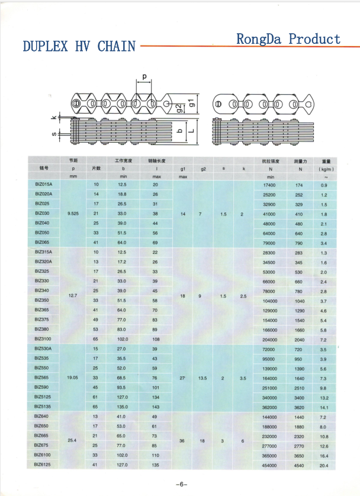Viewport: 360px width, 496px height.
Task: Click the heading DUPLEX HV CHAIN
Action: point(79,46)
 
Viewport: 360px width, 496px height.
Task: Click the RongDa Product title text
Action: point(288,39)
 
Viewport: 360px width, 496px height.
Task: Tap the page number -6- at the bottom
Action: point(181,484)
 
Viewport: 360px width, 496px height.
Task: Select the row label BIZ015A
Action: point(44,185)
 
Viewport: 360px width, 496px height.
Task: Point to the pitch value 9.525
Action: point(73,214)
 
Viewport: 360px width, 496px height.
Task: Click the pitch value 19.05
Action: point(72,378)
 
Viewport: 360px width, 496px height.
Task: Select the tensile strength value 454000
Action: point(269,465)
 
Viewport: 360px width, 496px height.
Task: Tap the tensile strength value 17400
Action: point(269,185)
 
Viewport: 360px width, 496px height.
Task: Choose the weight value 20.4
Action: point(323,465)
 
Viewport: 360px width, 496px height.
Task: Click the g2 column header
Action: point(203,169)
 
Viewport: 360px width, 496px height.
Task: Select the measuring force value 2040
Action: point(299,340)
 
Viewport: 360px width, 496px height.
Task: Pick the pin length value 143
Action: point(155,407)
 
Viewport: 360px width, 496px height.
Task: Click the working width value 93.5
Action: point(122,388)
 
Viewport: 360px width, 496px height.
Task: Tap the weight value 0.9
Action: point(324,185)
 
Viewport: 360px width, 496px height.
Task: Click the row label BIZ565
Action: point(42,378)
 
